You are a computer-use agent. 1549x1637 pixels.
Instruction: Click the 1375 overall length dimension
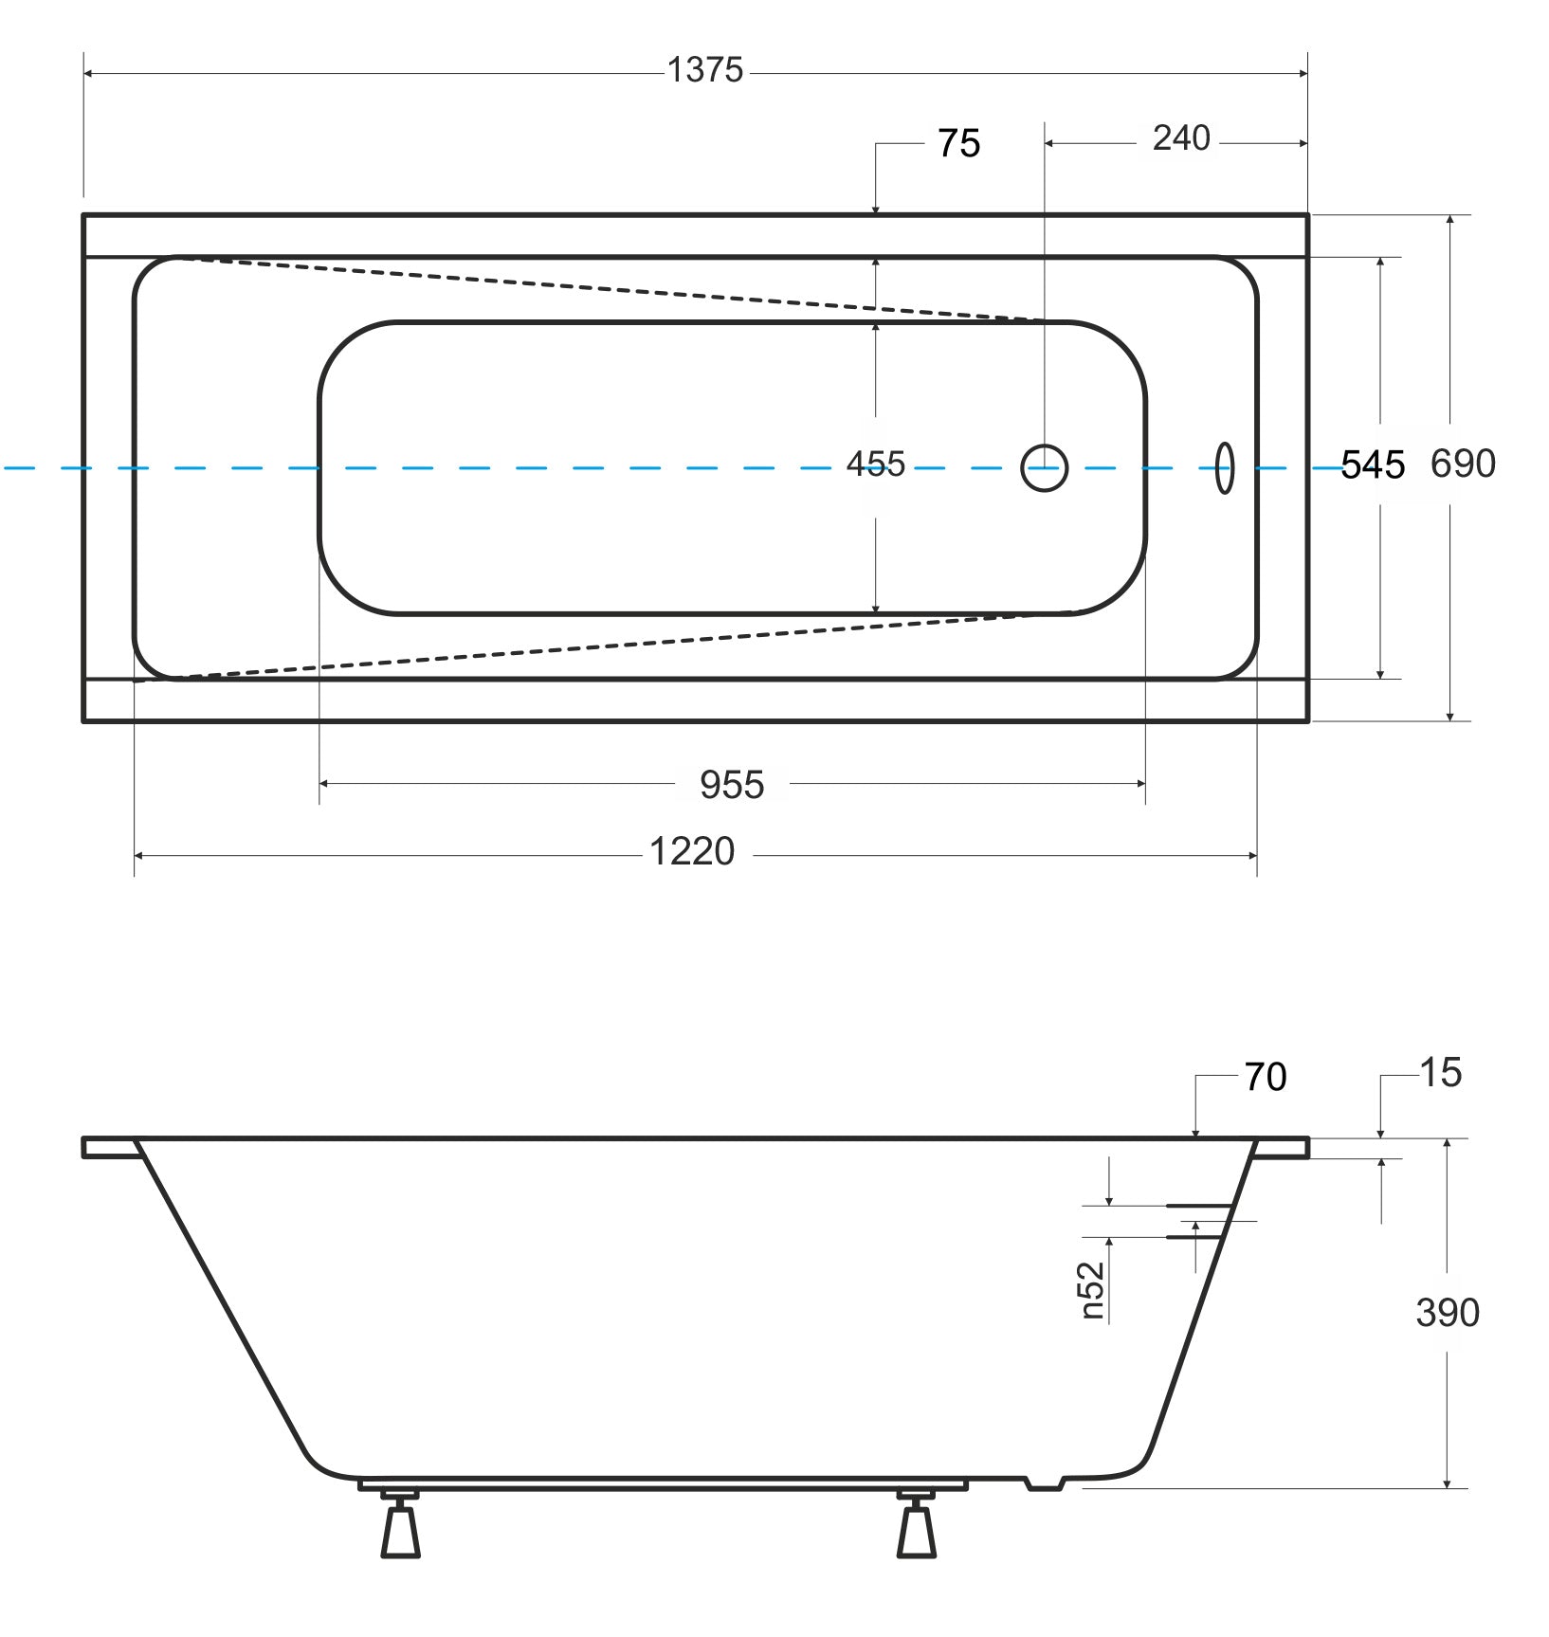[705, 70]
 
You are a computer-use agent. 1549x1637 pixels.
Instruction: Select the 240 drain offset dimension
[1181, 138]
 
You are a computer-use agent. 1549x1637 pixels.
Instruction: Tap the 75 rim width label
[958, 144]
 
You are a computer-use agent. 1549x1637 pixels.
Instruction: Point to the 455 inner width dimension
[876, 464]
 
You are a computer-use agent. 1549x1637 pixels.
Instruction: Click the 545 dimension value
[1373, 465]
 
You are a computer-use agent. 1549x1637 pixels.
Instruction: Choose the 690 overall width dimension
[1463, 464]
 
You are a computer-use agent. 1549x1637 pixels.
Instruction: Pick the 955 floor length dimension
[732, 785]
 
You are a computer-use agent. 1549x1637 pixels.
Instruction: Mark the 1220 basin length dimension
[692, 852]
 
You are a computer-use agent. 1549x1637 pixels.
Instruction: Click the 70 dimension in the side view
[1266, 1078]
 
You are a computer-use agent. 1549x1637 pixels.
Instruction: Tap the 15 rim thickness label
[1441, 1073]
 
